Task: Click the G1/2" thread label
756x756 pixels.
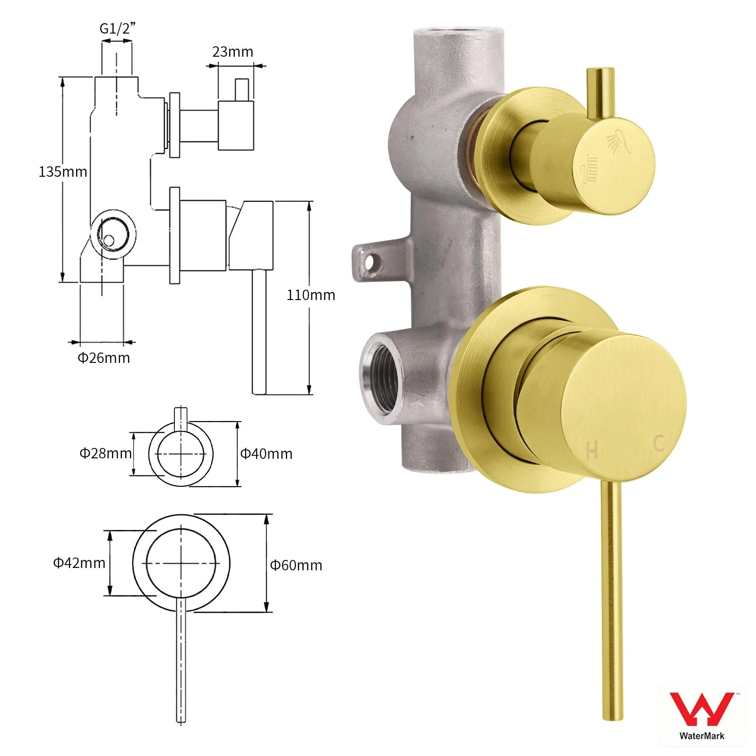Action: point(117,29)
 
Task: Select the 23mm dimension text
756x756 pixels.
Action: point(232,52)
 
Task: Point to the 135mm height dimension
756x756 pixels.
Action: point(63,172)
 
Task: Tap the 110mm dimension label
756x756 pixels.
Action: point(311,295)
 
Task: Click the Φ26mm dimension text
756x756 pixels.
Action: point(104,358)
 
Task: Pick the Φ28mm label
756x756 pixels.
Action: point(105,454)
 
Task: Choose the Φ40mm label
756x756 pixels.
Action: point(266,454)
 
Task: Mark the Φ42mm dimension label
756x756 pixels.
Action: point(79,563)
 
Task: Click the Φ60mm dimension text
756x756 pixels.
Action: point(296,565)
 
